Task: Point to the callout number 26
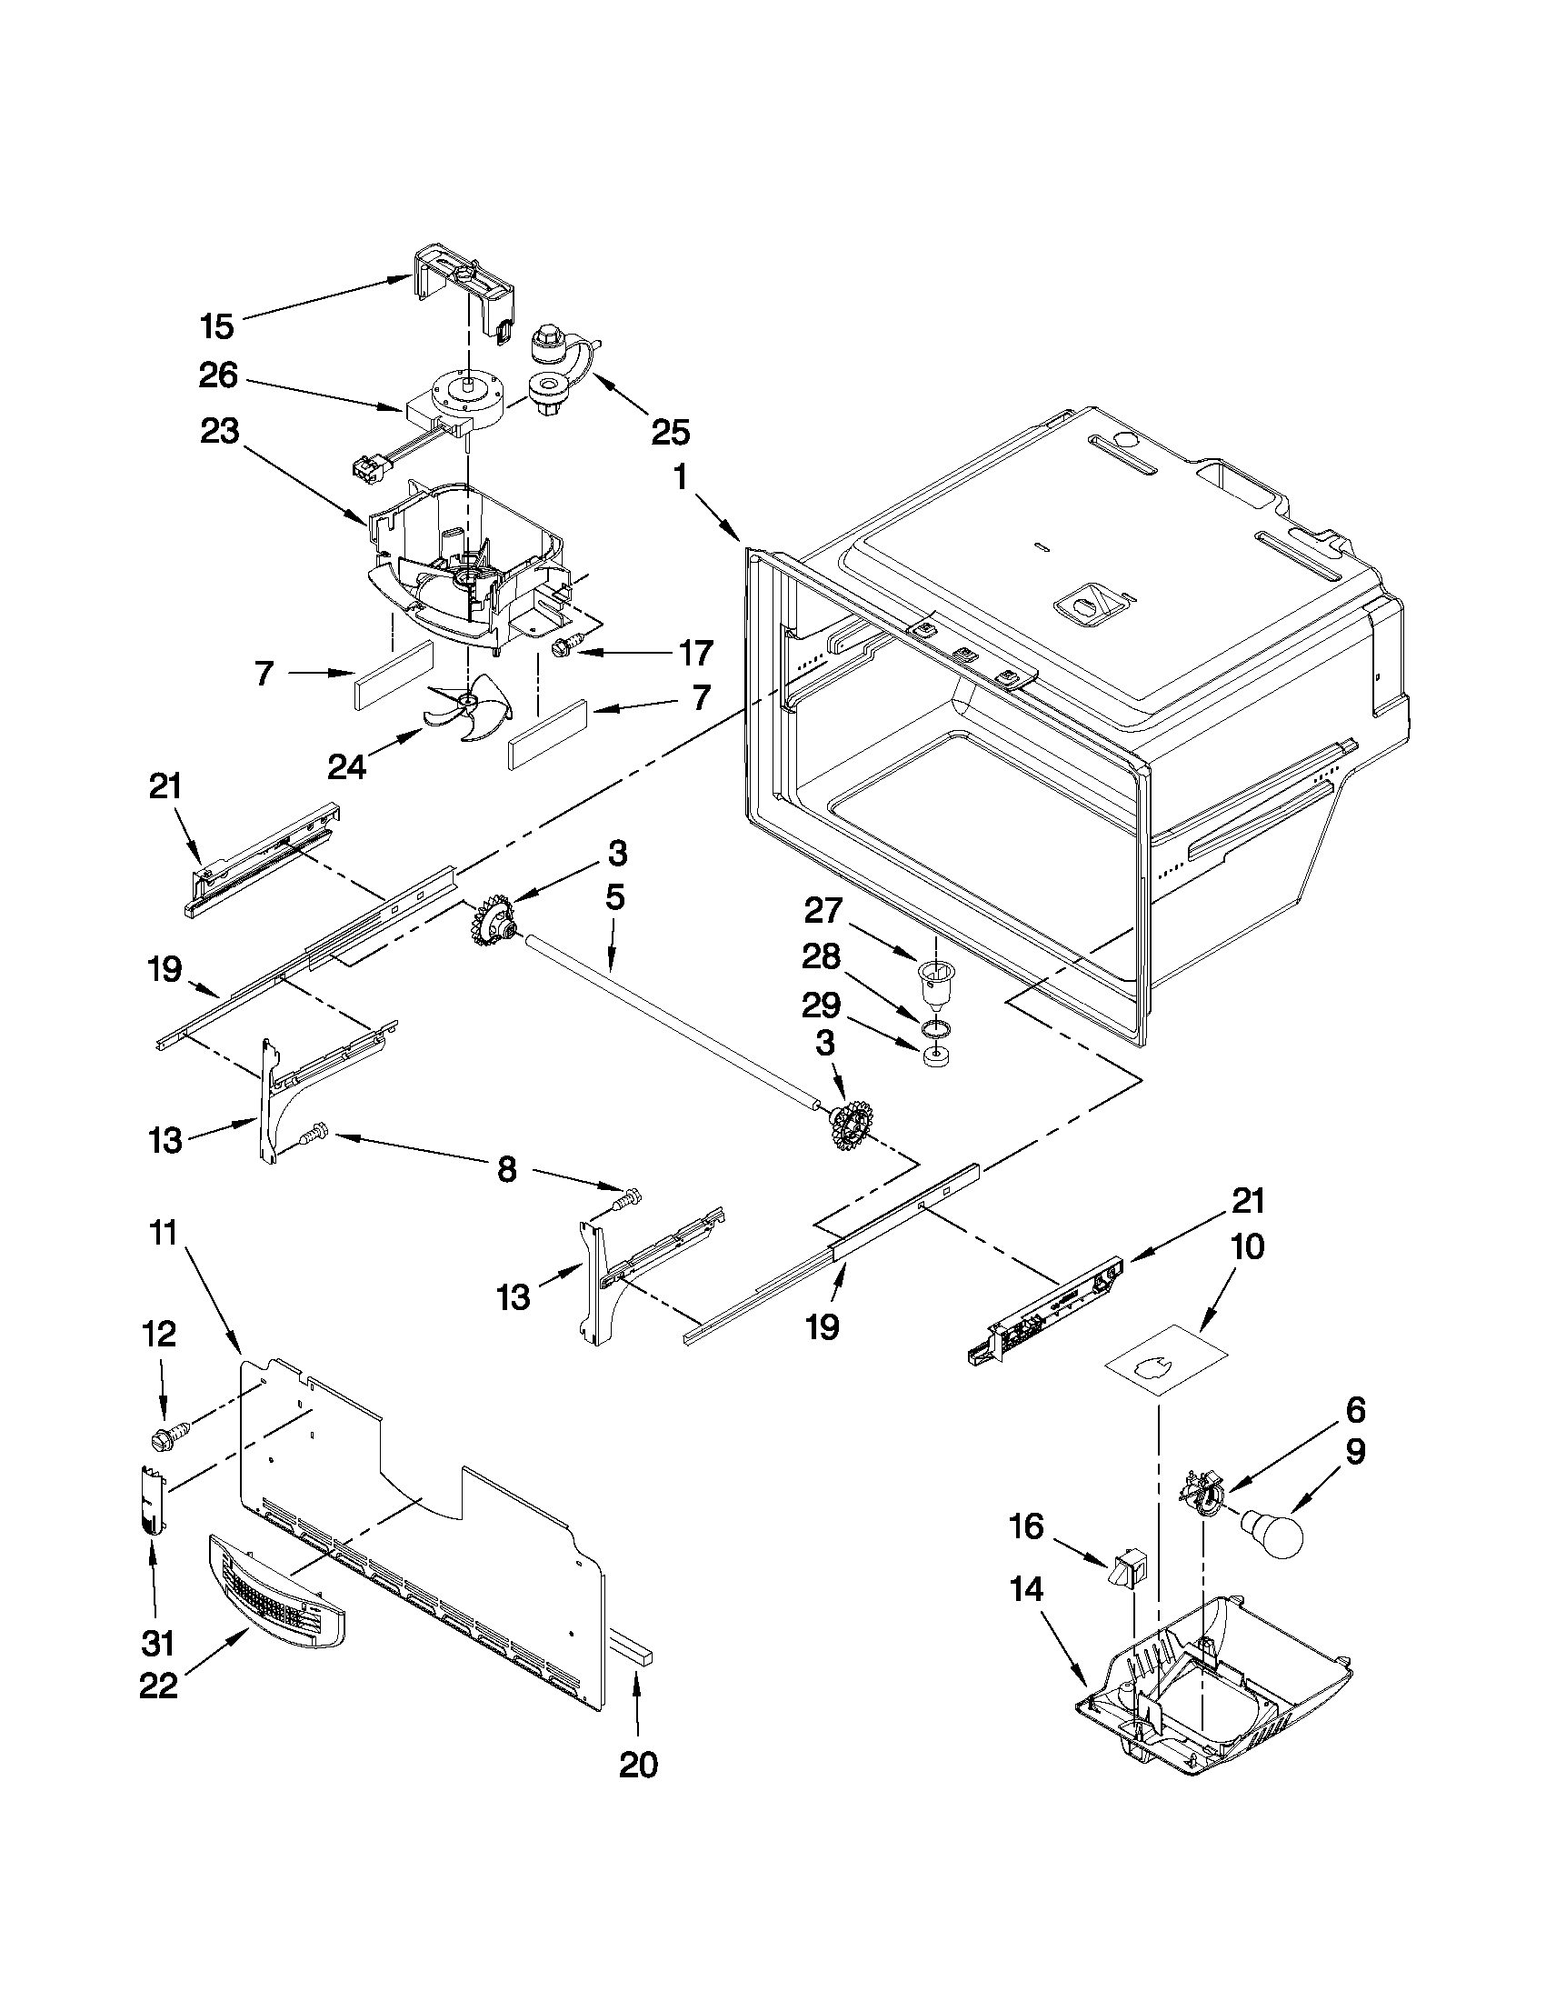tap(218, 375)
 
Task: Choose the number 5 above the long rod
tap(614, 898)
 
